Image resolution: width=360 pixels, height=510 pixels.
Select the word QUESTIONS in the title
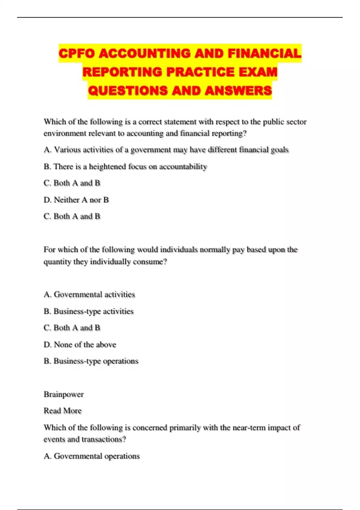click(128, 91)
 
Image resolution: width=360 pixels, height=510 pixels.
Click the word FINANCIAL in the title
click(264, 54)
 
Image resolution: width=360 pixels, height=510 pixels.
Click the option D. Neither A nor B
click(76, 200)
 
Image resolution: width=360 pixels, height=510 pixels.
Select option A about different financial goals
click(166, 150)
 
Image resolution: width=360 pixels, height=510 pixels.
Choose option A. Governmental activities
click(89, 295)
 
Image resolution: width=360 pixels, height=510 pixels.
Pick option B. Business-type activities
click(88, 311)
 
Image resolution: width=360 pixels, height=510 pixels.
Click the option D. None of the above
click(80, 345)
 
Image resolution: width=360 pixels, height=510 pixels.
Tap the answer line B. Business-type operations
click(91, 361)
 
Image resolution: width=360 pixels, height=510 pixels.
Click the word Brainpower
click(64, 394)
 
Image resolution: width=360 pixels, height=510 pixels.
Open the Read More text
click(63, 411)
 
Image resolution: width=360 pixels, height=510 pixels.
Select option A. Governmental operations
click(91, 456)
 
